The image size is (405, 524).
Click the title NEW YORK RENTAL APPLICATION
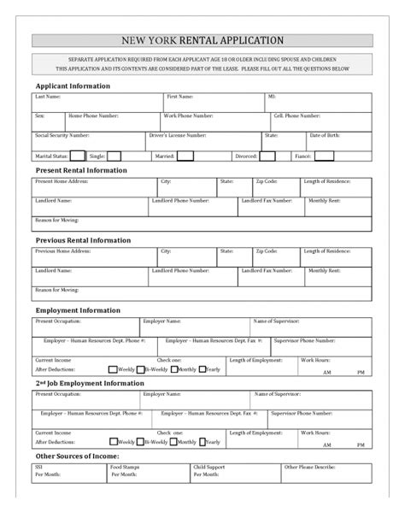(x=202, y=39)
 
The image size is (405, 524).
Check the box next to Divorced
(x=267, y=156)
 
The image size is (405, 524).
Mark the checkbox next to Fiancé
(x=325, y=156)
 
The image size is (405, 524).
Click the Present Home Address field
(x=94, y=187)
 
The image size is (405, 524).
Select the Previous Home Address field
(x=94, y=257)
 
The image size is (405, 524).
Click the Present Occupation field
(x=85, y=327)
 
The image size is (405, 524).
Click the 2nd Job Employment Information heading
(x=89, y=385)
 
